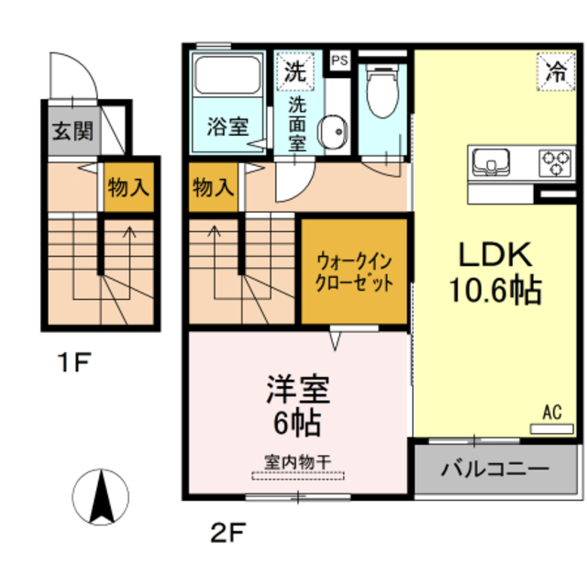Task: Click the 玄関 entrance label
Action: point(71,131)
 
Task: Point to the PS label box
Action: point(339,61)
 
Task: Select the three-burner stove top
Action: point(555,162)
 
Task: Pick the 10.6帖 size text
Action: point(493,291)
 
